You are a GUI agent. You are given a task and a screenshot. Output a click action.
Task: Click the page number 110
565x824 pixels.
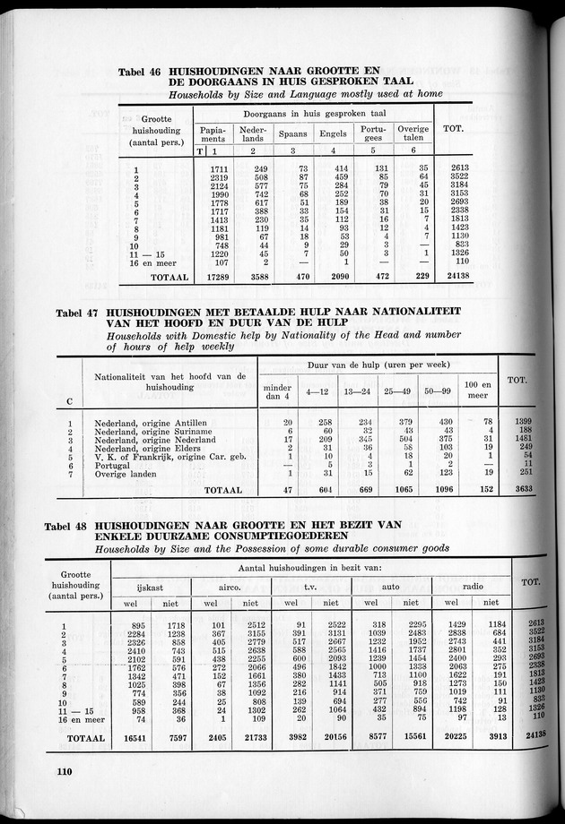(62, 771)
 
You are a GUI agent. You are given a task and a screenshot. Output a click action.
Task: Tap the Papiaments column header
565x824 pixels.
(213, 133)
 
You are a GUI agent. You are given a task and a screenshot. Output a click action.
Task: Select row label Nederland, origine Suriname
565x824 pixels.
(150, 431)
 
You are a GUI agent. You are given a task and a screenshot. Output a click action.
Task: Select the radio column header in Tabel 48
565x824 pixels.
(471, 585)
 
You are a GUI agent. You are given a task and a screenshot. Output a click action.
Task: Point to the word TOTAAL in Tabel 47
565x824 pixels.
(222, 491)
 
